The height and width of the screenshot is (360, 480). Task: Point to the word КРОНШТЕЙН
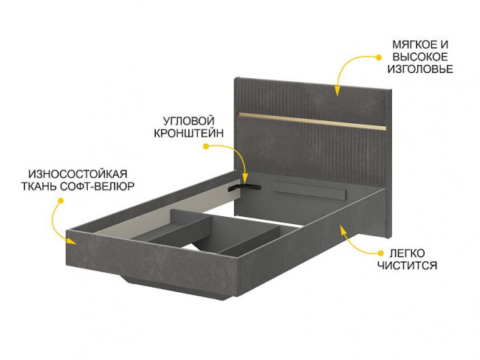pos(184,134)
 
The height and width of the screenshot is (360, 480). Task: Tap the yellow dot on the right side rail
pos(343,229)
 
